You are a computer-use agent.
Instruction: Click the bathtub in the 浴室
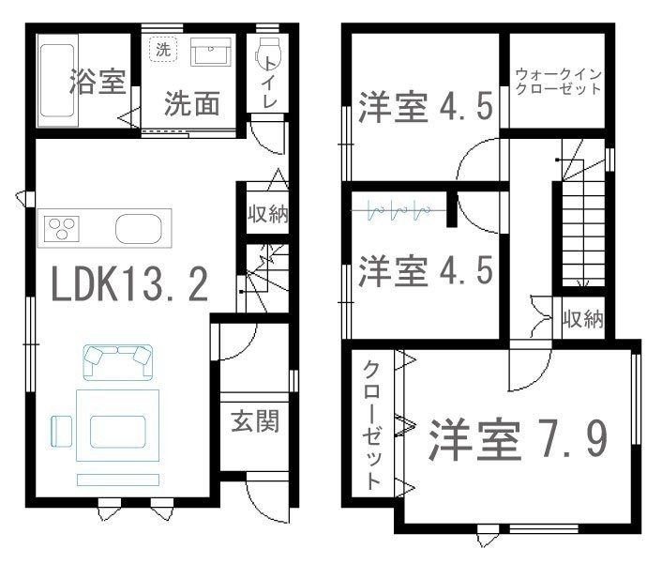tap(58, 81)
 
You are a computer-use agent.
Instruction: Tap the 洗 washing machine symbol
tap(163, 50)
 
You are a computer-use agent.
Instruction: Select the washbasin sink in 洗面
tap(211, 52)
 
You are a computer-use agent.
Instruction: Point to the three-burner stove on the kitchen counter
tap(62, 229)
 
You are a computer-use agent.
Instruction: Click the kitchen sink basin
tap(139, 229)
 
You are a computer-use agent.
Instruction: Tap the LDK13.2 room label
tap(129, 284)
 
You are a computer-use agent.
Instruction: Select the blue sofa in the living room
tap(118, 362)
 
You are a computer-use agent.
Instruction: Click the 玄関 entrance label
tap(255, 420)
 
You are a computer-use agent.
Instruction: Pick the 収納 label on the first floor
tap(267, 214)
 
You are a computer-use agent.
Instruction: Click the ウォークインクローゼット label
tap(558, 82)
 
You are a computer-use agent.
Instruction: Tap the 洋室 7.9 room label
tap(519, 439)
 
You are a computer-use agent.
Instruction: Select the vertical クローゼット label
tap(372, 424)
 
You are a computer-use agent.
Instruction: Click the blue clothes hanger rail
tap(399, 209)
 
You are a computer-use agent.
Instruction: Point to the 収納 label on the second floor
tap(583, 318)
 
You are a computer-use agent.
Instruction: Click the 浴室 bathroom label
tap(98, 81)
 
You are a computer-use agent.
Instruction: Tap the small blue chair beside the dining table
tap(62, 431)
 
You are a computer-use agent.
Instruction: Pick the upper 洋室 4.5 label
tap(426, 107)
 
